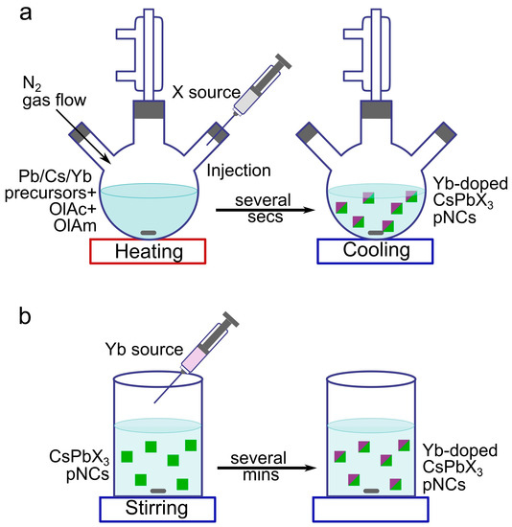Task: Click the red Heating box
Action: pos(149,250)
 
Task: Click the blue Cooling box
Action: pos(374,250)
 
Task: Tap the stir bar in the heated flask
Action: pos(149,232)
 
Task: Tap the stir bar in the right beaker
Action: pos(371,490)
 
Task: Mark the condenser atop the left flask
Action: pos(149,48)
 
